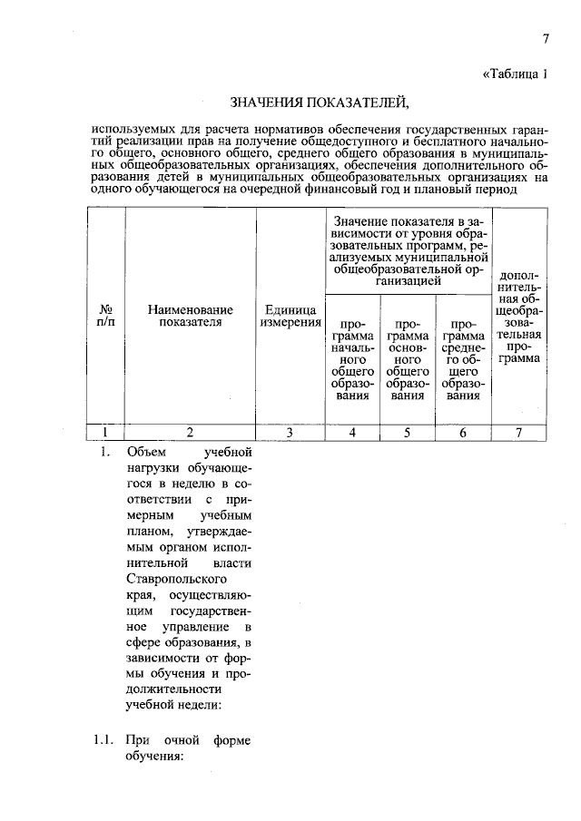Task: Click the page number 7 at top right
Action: pos(547,38)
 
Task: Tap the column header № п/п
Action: pos(105,315)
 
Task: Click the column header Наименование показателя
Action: pos(190,315)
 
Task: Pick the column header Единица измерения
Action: pos(290,315)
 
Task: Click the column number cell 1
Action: pos(105,432)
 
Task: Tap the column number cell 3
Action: pos(290,432)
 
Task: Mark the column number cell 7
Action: pos(518,432)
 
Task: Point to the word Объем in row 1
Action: pos(144,451)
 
